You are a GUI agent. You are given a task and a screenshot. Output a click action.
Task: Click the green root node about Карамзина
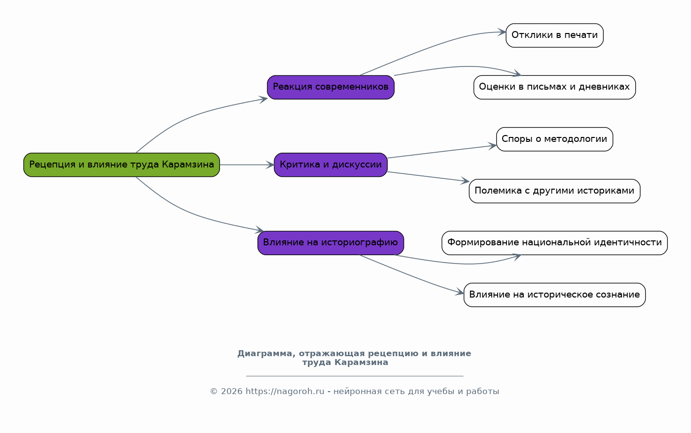click(121, 165)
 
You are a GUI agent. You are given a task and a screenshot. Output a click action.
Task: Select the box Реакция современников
click(330, 87)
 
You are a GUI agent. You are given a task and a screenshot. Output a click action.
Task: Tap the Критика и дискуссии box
click(330, 165)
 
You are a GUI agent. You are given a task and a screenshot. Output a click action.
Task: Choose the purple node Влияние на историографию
click(330, 243)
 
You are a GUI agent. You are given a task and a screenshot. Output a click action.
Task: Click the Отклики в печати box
click(555, 35)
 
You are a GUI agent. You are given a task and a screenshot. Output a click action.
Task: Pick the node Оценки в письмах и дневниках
click(555, 87)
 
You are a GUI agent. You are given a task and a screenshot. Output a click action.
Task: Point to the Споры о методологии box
click(555, 139)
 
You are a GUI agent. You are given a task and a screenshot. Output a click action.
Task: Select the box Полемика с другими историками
click(555, 191)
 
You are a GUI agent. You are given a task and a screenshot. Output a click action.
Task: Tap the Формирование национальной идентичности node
click(555, 243)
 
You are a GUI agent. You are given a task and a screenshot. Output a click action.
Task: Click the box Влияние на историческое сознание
click(555, 295)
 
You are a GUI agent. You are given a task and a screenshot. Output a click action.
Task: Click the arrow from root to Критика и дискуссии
click(247, 165)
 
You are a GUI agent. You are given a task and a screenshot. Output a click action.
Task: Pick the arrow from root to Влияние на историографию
click(191, 212)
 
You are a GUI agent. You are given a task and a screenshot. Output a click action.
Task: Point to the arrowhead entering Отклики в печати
click(502, 32)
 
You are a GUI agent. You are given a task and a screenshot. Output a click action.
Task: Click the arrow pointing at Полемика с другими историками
click(428, 176)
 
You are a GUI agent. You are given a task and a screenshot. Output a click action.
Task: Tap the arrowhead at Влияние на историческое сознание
click(460, 293)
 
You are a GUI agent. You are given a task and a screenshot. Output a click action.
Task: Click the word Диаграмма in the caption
click(266, 354)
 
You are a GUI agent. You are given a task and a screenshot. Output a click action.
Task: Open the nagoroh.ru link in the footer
click(285, 392)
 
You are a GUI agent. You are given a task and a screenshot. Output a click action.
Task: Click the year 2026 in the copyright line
click(231, 392)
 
